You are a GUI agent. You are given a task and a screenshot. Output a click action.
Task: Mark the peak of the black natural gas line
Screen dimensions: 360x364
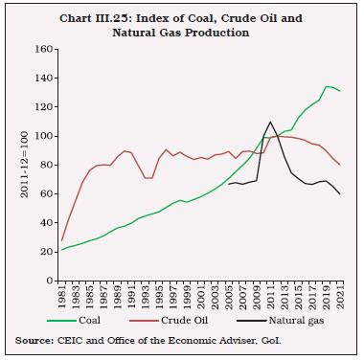[271, 122]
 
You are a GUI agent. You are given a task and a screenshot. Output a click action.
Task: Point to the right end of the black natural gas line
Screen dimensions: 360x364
[341, 194]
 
